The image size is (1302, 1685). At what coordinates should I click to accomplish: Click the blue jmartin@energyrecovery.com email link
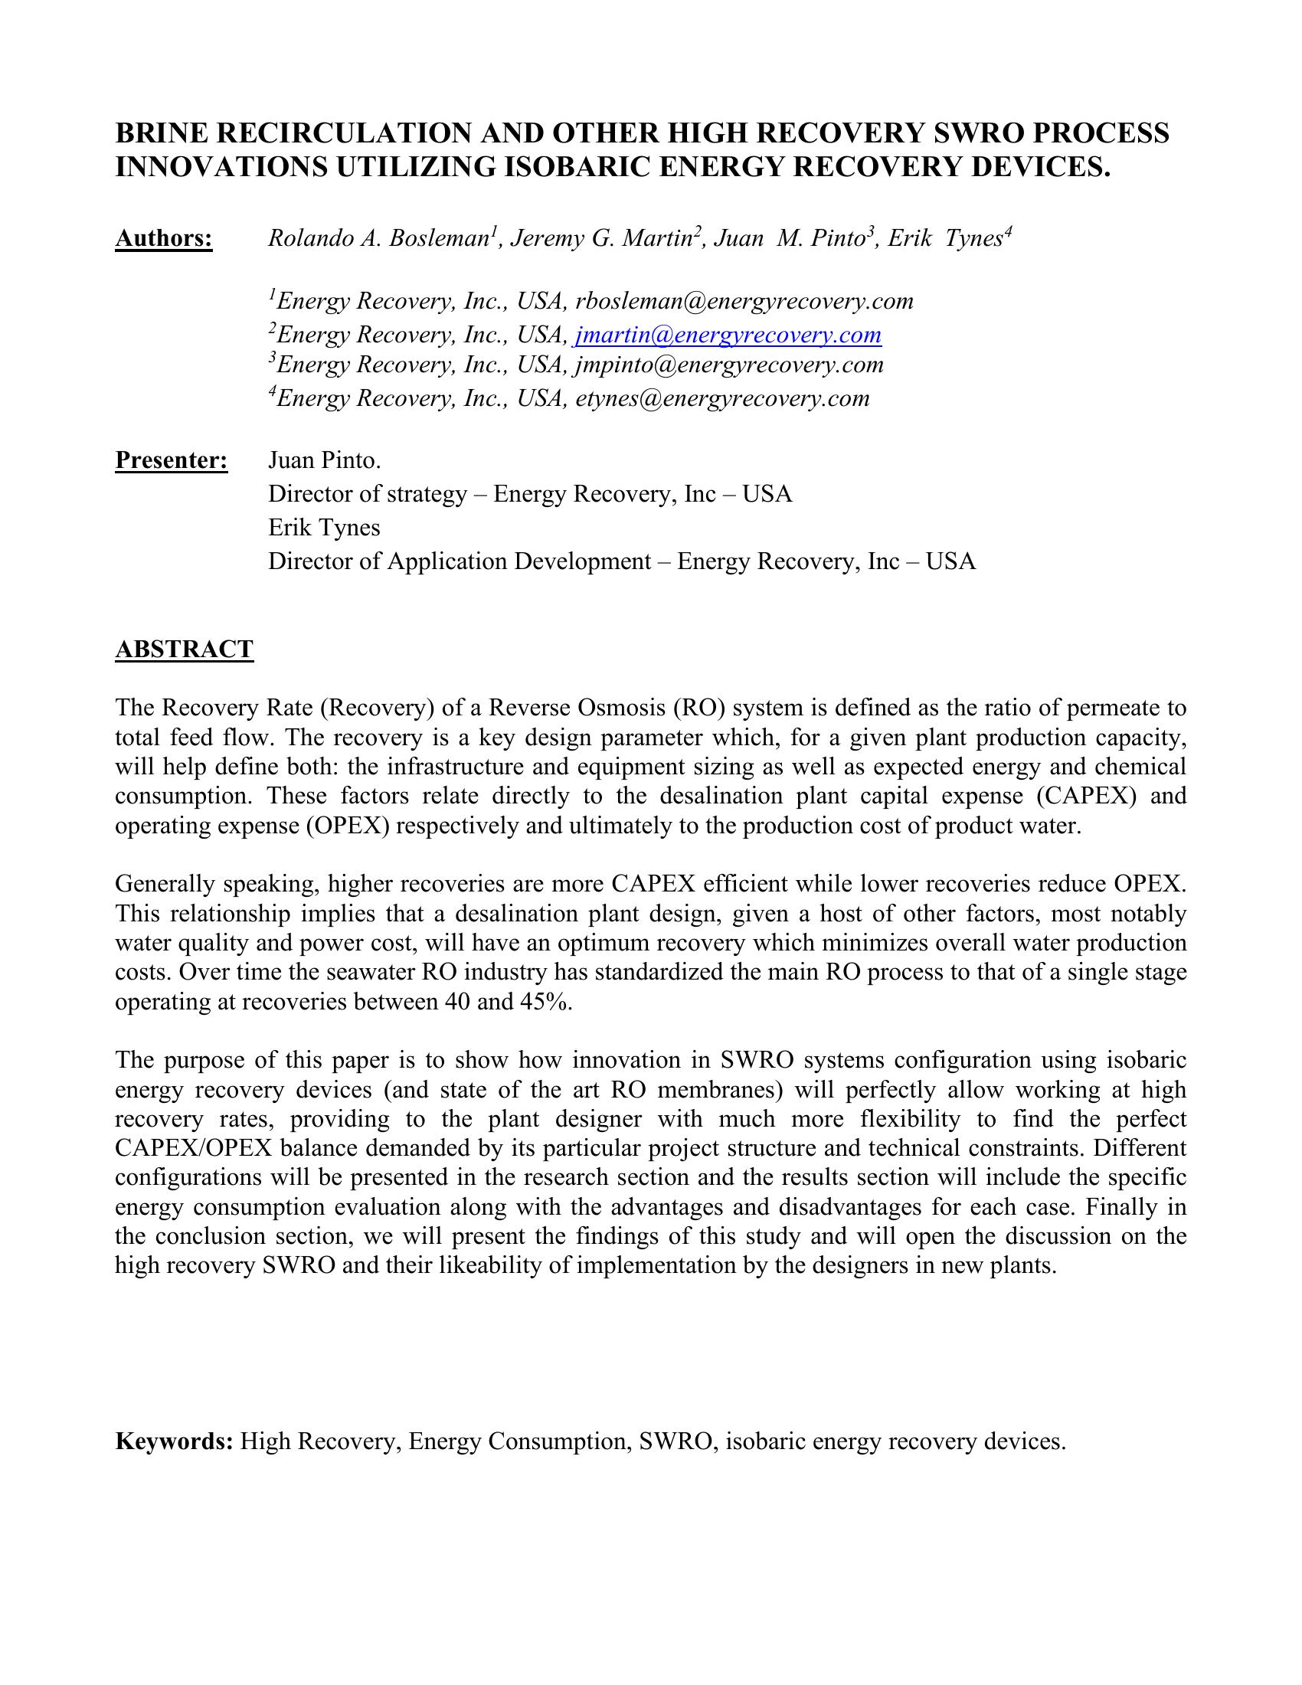pos(728,335)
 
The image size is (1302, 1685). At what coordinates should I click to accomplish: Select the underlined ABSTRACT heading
pos(184,649)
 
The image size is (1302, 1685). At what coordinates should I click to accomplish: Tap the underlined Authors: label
pos(164,239)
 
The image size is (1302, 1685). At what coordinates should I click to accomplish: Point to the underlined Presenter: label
pos(172,460)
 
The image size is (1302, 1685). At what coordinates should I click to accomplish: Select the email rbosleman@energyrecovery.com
pos(744,301)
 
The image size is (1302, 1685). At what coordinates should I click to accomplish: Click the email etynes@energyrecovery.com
pos(723,398)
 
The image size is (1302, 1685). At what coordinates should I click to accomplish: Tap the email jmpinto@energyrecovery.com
pos(730,364)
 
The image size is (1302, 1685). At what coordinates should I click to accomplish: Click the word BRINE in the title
pos(162,133)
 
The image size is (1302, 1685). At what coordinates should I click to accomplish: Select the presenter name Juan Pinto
pos(324,460)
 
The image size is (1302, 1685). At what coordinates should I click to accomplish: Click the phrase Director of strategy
pos(367,494)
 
